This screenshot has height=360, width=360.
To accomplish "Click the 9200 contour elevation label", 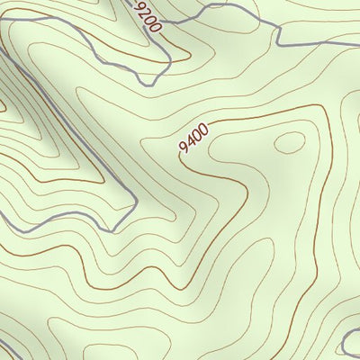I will click(148, 17).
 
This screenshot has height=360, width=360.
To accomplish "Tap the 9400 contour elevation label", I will click(194, 138).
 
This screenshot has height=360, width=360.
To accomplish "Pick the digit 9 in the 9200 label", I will click(141, 6).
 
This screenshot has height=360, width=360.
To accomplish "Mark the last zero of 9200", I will click(156, 27).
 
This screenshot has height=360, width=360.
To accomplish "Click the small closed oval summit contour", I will click(290, 142).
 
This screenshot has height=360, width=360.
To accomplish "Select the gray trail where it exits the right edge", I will click(355, 40).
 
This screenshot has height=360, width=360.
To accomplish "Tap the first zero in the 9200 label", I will click(150, 20).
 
